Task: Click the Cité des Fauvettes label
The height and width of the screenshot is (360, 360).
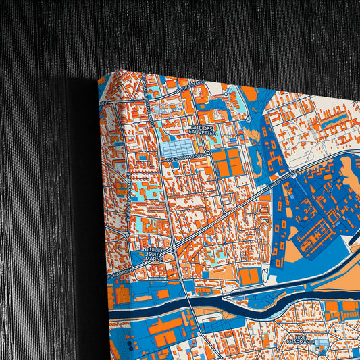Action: click(x=202, y=130)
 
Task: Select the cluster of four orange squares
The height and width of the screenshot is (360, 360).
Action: click(x=226, y=161)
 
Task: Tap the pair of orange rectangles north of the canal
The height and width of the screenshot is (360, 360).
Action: click(x=249, y=276)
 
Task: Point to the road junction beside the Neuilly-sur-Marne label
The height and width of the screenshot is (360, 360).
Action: click(x=174, y=250)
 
